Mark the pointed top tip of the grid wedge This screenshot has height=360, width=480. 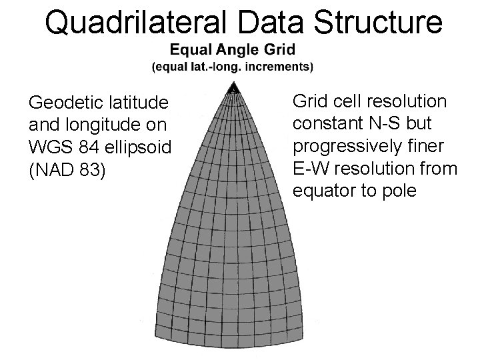coord(234,85)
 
